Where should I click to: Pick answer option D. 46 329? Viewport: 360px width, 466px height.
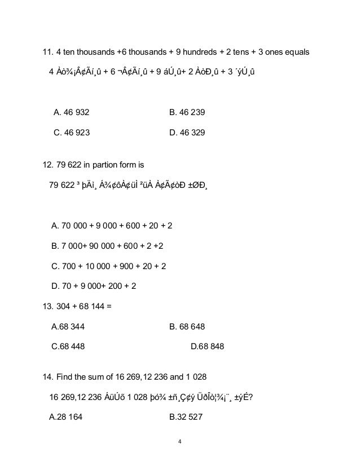(187, 134)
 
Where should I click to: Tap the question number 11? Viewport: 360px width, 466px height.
(48, 53)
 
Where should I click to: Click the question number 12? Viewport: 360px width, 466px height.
(48, 166)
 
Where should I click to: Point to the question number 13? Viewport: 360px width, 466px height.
(48, 307)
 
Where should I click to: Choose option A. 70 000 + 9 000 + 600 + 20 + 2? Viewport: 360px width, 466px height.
(112, 226)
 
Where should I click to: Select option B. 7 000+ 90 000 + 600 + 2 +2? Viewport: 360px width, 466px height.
(111, 246)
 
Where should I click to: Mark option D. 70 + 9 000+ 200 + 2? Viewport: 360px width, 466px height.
(94, 286)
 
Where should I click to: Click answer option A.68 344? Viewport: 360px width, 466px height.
(68, 326)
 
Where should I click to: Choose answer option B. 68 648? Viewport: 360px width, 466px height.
(187, 326)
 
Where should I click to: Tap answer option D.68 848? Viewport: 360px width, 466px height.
(207, 346)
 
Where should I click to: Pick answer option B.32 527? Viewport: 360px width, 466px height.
(187, 418)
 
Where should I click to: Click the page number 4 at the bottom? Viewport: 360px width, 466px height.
(180, 441)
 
